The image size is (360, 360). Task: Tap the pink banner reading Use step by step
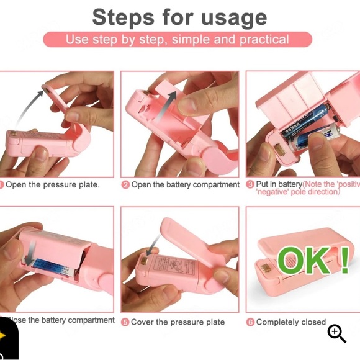coord(178,40)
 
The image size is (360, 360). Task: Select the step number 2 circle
coord(125,185)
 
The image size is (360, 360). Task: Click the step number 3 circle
coord(250,185)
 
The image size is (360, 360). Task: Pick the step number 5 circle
coord(125,322)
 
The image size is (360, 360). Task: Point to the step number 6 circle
coord(250,322)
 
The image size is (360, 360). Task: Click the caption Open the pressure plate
coord(52,185)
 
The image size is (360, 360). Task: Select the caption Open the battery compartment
coord(185,185)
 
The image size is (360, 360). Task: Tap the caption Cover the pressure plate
coord(178,322)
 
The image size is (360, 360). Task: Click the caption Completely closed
coord(290,322)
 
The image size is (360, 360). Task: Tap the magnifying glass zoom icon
coord(337,333)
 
